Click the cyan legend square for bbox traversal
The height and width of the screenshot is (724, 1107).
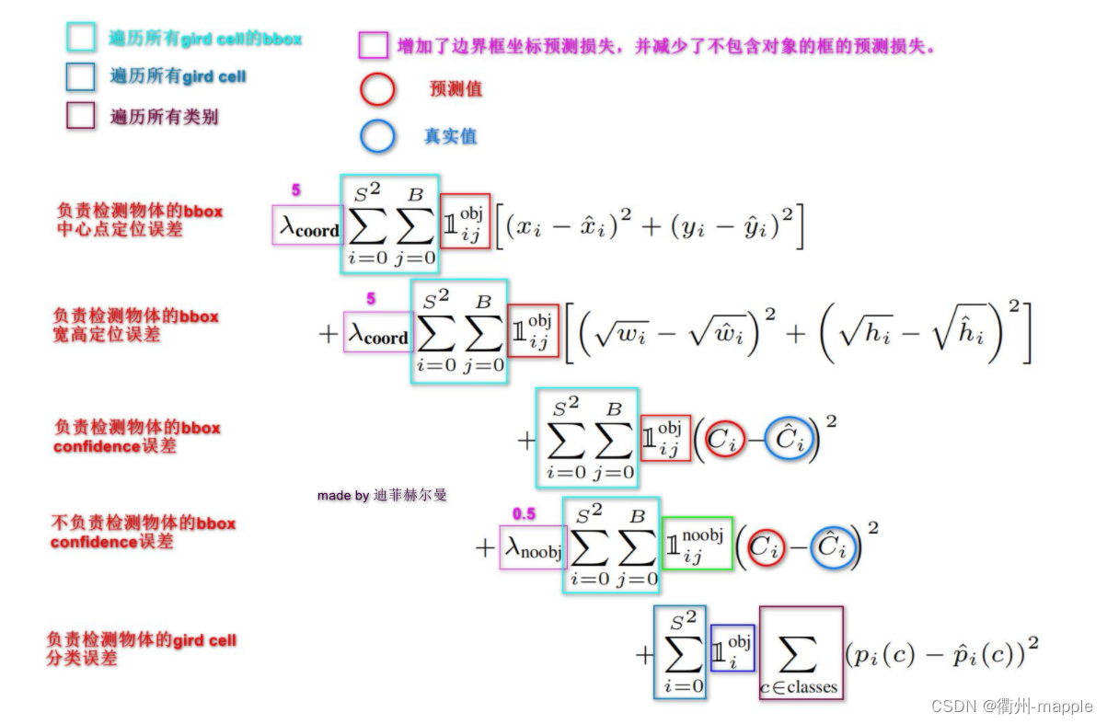coord(81,37)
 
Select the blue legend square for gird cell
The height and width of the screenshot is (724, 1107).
coord(81,76)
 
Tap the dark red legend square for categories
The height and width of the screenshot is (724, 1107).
coord(81,116)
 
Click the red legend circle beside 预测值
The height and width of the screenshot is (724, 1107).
coord(377,89)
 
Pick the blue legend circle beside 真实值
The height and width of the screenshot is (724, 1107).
coord(377,136)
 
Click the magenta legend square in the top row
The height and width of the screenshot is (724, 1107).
coord(373,45)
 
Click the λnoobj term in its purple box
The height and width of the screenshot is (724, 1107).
coord(533,548)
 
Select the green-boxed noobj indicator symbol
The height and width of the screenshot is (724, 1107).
coord(697,543)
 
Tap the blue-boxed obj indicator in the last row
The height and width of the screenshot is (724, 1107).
coord(732,648)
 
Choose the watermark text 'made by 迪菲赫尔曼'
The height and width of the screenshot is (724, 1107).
coord(382,495)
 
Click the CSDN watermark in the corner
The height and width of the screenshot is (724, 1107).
coord(1011,706)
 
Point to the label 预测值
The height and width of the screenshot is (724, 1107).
coord(455,89)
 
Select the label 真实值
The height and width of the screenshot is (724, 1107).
coord(450,136)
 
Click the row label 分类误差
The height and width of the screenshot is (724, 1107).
coord(82,659)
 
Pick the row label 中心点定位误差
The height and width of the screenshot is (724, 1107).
coord(120,229)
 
